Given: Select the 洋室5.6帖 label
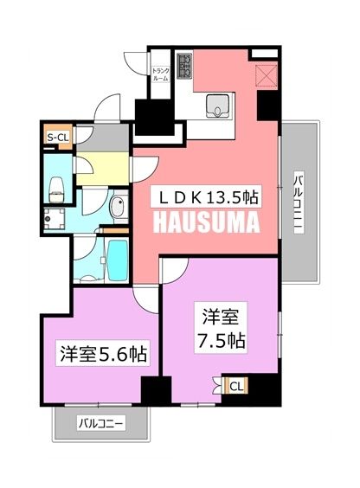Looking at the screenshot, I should (x=102, y=353).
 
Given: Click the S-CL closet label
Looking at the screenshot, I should (x=58, y=136).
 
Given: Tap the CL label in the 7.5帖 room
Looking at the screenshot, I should (x=235, y=387).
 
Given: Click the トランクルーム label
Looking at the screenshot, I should (x=161, y=74).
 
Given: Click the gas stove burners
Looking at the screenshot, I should (x=186, y=66).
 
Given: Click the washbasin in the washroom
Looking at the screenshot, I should (x=116, y=207).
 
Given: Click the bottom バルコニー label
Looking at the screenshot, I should (x=102, y=424).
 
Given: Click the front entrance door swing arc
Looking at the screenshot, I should (x=106, y=110).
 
